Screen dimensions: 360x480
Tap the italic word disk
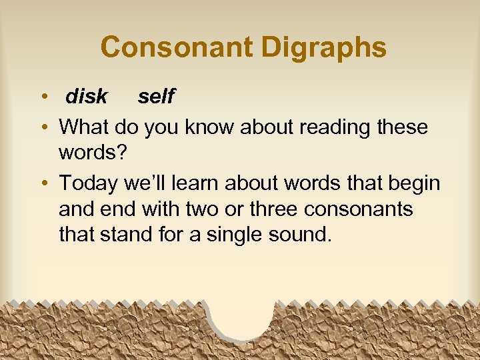[x=86, y=97]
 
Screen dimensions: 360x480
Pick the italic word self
[x=155, y=97]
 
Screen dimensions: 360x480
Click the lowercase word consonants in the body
[x=359, y=209]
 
